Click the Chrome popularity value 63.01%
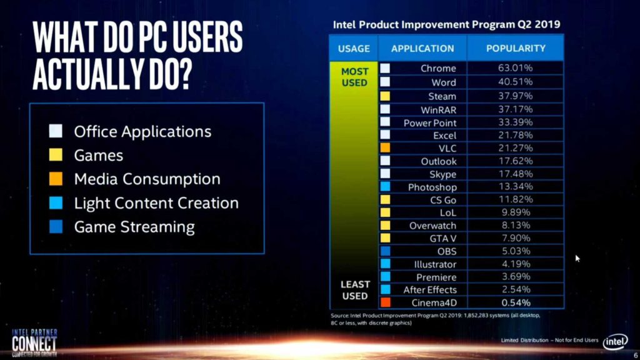[516, 68]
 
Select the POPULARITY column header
[516, 48]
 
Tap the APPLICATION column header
[422, 48]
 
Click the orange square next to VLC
[385, 148]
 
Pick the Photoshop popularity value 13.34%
[516, 187]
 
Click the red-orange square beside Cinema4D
[385, 303]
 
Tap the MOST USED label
[354, 77]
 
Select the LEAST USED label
[354, 289]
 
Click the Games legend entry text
[98, 155]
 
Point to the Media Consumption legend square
[56, 179]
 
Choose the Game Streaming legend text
[134, 227]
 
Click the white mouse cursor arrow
[577, 257]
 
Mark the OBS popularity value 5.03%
[516, 251]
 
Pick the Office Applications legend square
[56, 132]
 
